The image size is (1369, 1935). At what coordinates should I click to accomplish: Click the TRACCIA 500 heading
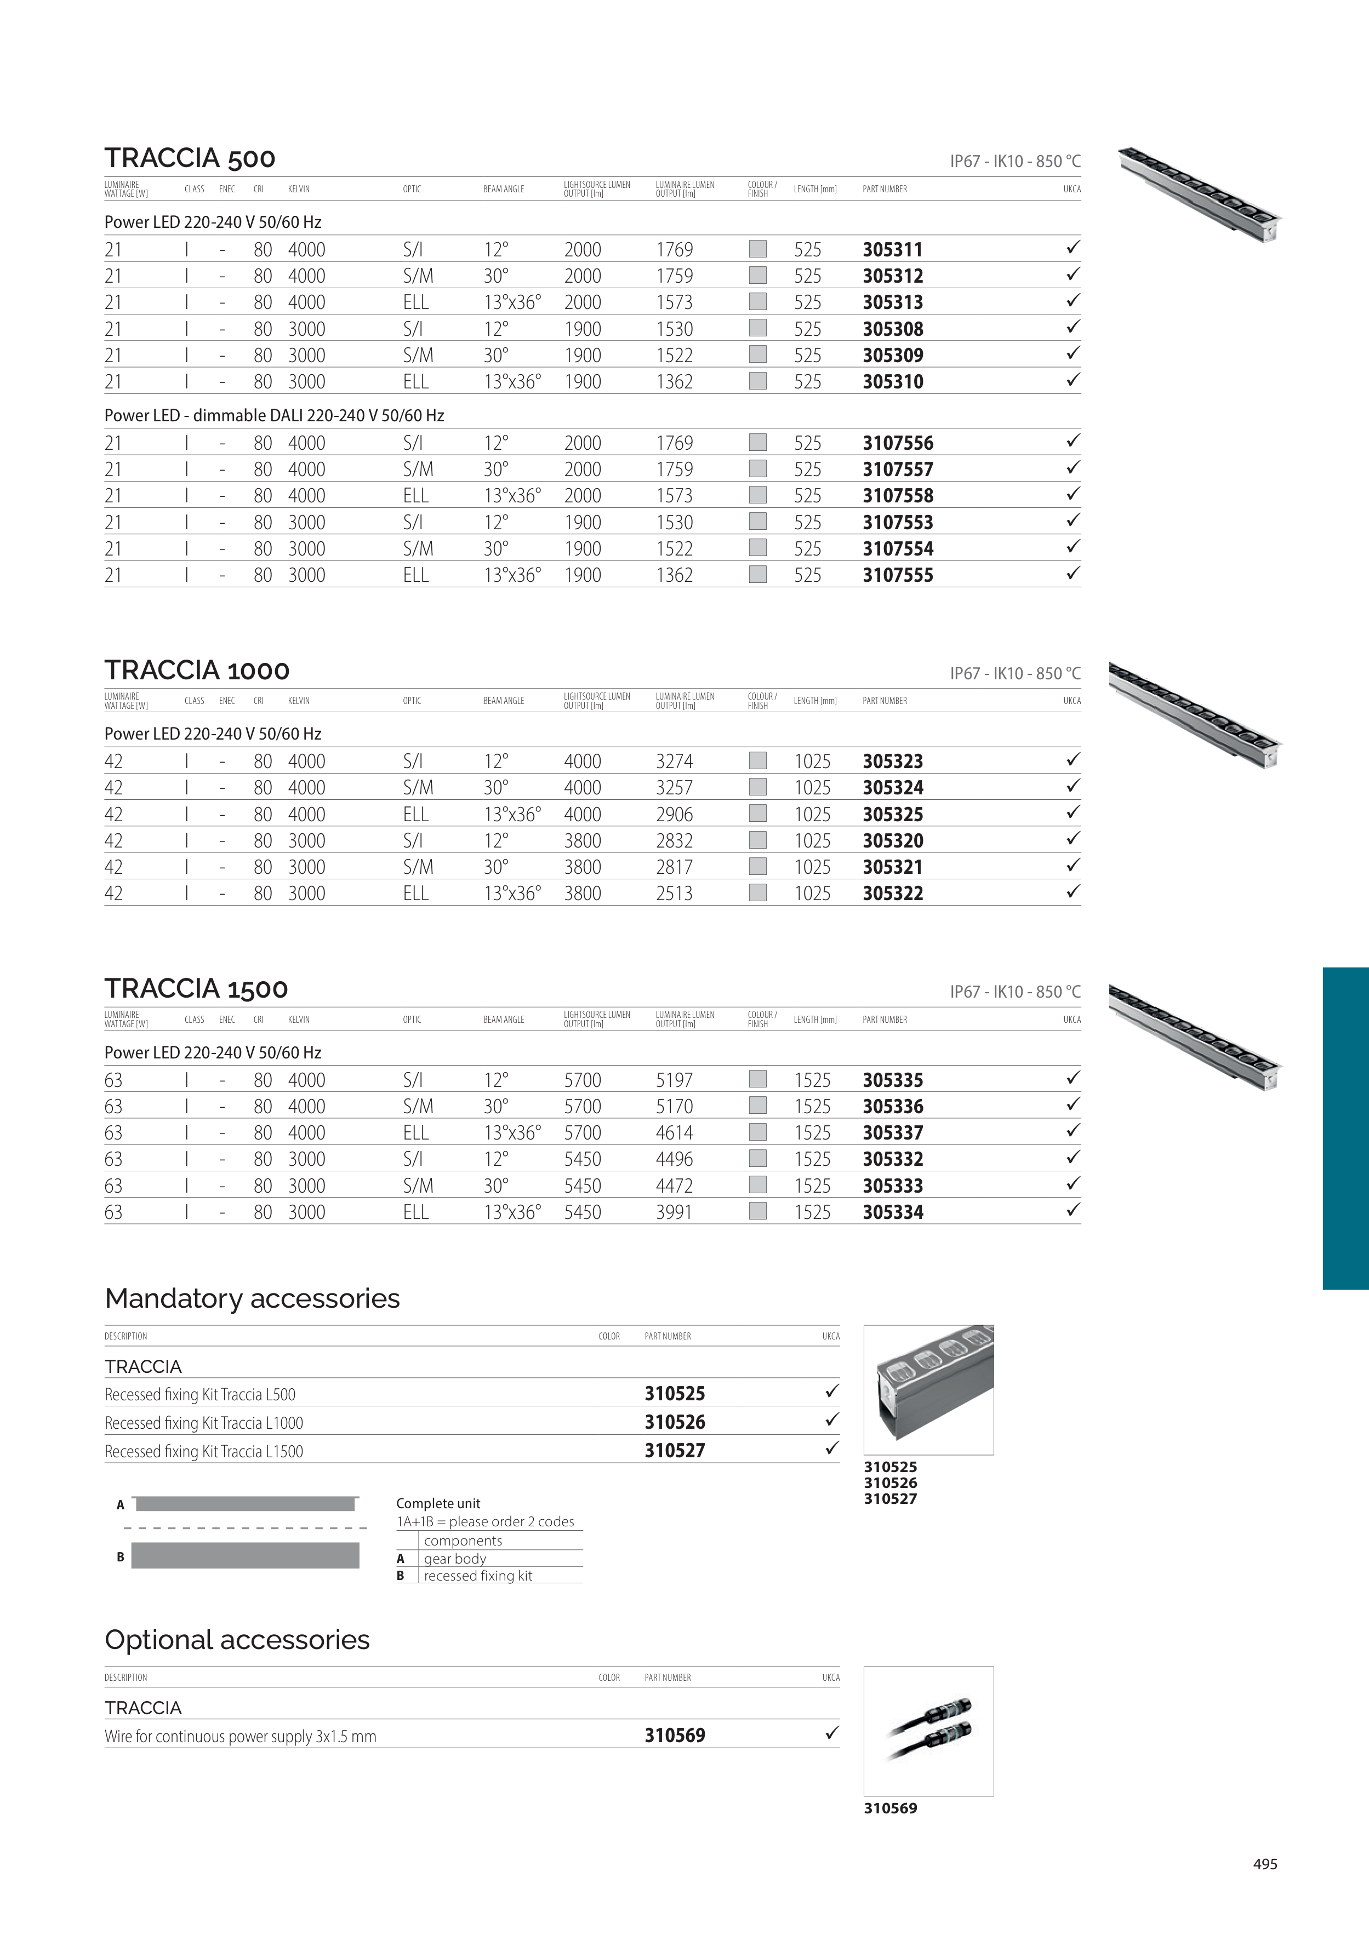tap(190, 158)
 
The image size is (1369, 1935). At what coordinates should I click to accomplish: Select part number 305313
tap(893, 302)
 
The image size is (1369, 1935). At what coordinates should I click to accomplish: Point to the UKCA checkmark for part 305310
tap(1073, 380)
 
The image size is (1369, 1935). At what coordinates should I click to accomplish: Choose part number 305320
tap(893, 841)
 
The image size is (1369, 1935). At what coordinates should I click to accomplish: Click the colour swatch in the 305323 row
tap(758, 760)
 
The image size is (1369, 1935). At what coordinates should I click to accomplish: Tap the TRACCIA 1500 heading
tap(196, 988)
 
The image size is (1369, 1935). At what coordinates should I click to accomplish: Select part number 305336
tap(893, 1107)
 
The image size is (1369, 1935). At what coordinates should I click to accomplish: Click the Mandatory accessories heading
tap(252, 1299)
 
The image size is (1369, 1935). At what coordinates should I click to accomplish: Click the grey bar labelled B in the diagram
tap(246, 1555)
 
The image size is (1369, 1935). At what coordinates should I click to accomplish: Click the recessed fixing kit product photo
tap(929, 1390)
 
